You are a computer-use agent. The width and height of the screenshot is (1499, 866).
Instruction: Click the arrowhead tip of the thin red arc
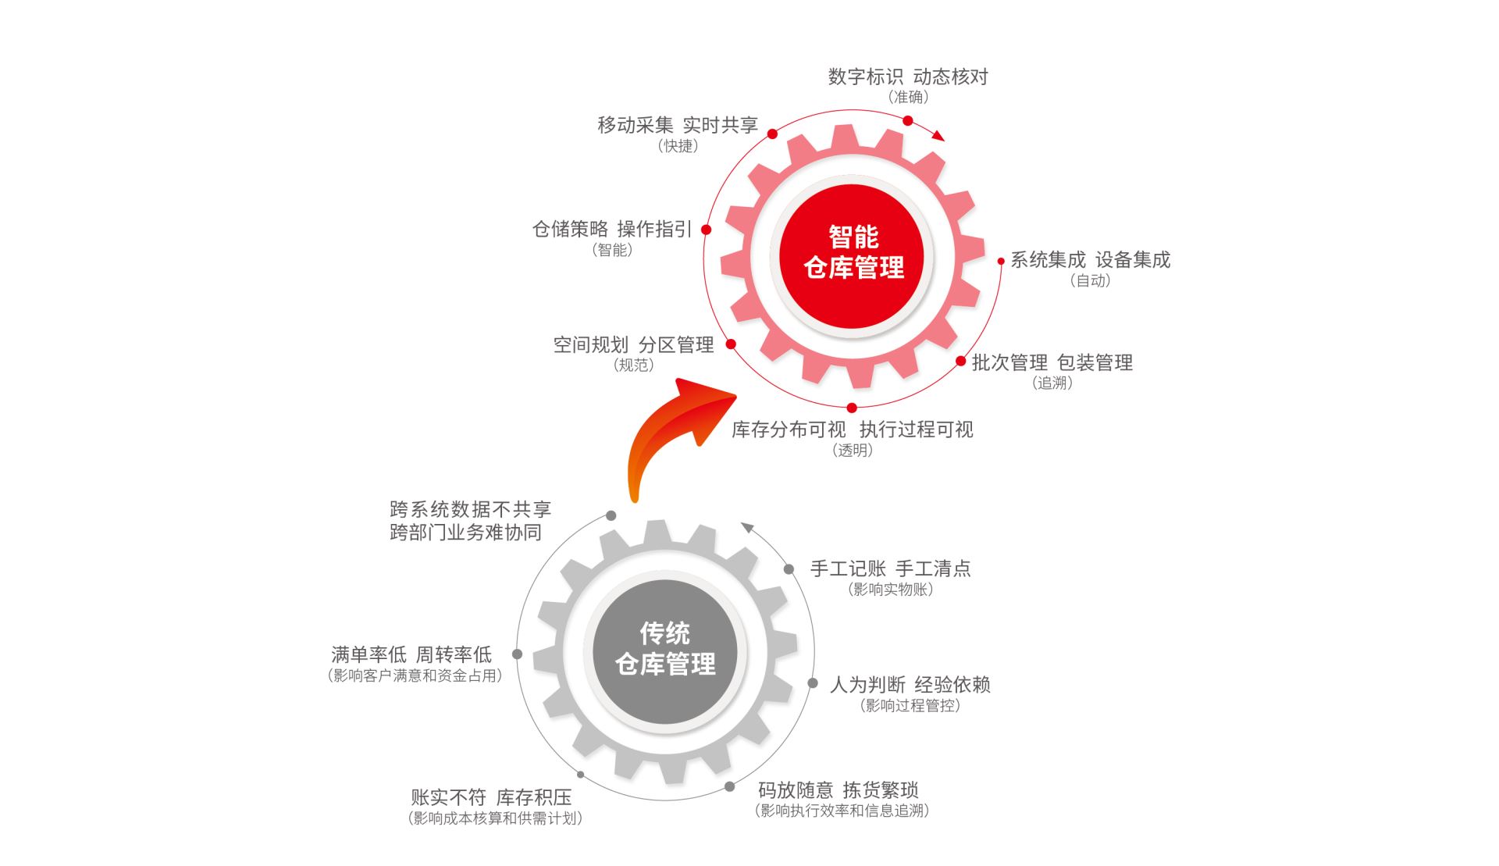945,141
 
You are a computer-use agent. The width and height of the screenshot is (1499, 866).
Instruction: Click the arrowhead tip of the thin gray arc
741,522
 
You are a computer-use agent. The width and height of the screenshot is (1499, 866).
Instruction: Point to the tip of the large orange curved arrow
737,397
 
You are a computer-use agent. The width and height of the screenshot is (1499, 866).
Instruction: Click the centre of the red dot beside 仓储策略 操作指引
706,230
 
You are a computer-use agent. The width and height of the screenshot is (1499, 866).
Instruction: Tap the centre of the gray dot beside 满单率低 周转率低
517,654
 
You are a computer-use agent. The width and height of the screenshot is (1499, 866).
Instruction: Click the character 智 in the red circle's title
841,237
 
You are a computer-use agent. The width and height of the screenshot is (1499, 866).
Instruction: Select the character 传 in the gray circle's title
653,633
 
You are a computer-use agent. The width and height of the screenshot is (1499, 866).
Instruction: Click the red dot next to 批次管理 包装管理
961,361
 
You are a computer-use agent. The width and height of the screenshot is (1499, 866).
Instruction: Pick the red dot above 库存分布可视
852,408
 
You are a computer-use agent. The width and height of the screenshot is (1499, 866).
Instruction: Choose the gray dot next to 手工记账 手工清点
789,569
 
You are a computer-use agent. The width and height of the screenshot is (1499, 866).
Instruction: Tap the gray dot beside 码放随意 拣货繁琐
729,786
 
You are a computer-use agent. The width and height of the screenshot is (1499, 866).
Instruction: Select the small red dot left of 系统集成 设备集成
1001,261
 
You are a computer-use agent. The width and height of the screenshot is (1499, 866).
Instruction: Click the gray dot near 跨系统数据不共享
611,515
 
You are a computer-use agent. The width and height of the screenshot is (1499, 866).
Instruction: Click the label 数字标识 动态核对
908,77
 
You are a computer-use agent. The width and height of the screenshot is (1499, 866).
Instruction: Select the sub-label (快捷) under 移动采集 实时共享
678,146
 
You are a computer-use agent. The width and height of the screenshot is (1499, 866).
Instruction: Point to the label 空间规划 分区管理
633,344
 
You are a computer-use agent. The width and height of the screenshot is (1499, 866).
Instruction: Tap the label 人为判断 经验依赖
910,685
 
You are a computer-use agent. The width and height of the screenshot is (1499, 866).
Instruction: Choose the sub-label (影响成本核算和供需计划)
495,818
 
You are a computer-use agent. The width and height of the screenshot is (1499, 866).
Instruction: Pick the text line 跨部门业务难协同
465,533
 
